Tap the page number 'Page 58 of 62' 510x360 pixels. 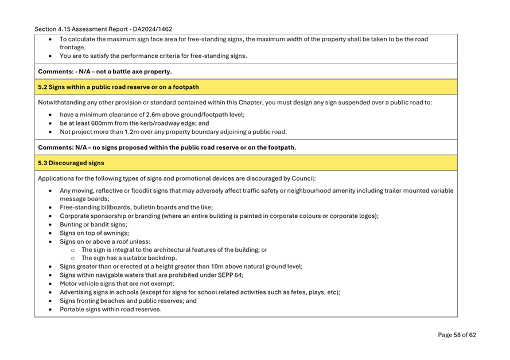pyautogui.click(x=457, y=335)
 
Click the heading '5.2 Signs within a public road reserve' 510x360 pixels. pyautogui.click(x=118, y=87)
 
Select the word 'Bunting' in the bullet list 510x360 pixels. pyautogui.click(x=72, y=225)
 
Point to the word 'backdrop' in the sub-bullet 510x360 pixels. pyautogui.click(x=147, y=258)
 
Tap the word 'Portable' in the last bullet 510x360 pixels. pyautogui.click(x=73, y=310)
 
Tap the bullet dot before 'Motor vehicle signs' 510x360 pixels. pyautogui.click(x=51, y=284)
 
